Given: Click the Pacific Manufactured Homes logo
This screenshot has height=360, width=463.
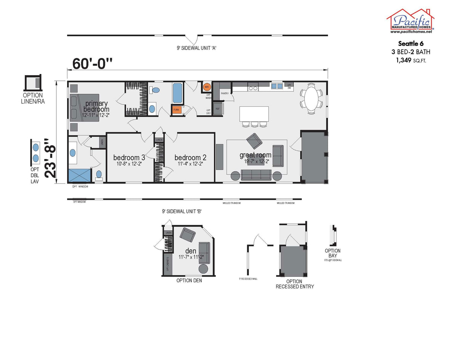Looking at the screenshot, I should tap(411, 21).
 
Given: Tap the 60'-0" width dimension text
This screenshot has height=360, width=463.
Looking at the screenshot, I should tap(93, 64).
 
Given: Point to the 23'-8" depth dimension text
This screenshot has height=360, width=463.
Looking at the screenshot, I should tap(50, 161).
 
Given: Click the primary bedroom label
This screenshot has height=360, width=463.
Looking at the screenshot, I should tap(96, 106).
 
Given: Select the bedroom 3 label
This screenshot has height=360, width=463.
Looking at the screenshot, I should tap(129, 157).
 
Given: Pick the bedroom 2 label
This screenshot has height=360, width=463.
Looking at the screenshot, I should tap(190, 157).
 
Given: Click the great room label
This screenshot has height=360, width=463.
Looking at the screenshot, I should tap(255, 155).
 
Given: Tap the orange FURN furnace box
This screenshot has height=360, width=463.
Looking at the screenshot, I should tap(176, 110).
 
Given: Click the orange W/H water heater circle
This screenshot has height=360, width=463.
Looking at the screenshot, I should tap(207, 87).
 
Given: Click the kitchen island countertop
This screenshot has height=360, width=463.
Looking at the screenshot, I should tap(254, 114).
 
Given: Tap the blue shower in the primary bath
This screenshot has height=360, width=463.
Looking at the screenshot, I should tap(79, 175).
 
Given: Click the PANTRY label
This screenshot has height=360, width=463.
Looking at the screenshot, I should tap(224, 93).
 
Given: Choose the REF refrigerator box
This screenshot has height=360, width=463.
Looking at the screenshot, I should tap(218, 109).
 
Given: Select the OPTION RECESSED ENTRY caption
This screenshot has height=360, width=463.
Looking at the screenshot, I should tap(295, 284).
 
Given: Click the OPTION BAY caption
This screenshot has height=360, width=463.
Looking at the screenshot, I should tap(333, 253).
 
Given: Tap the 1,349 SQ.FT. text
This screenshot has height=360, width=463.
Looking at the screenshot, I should tap(411, 60).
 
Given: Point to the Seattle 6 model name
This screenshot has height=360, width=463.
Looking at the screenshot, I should tap(411, 43).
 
